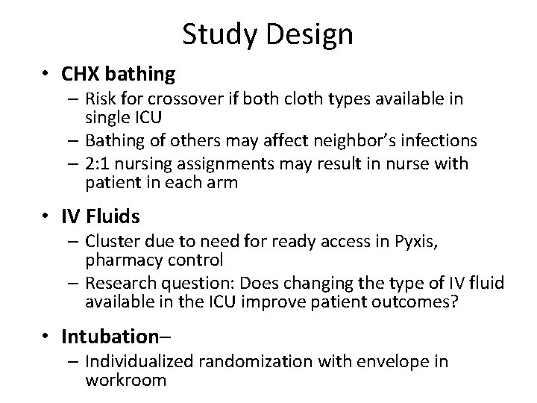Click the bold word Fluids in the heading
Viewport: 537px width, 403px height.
(x=113, y=217)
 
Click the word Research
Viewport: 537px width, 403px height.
(x=119, y=284)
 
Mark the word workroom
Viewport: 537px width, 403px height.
(x=125, y=381)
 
